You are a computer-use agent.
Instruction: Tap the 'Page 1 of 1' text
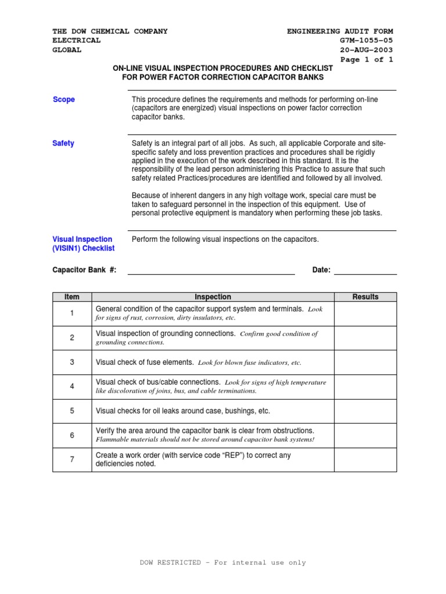click(x=367, y=60)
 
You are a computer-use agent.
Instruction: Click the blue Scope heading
click(x=64, y=100)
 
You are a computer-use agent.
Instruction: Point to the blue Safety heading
click(x=63, y=143)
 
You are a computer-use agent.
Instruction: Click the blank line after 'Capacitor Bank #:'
click(x=211, y=270)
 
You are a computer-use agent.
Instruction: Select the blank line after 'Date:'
click(x=365, y=270)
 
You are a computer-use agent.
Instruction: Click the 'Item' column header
click(x=72, y=297)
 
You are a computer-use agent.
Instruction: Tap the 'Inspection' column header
click(x=213, y=297)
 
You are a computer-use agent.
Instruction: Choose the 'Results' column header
click(x=365, y=297)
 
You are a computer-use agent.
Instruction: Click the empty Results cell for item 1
click(x=365, y=313)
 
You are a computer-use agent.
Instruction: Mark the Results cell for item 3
click(x=365, y=362)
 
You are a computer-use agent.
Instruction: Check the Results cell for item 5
click(x=365, y=411)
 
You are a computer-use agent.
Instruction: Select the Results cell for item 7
click(x=365, y=459)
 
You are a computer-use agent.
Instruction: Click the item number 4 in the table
click(x=72, y=386)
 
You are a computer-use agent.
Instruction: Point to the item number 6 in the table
click(x=72, y=435)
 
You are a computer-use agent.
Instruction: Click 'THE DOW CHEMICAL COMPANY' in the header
click(x=110, y=31)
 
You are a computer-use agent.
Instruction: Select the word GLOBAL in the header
click(x=67, y=50)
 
